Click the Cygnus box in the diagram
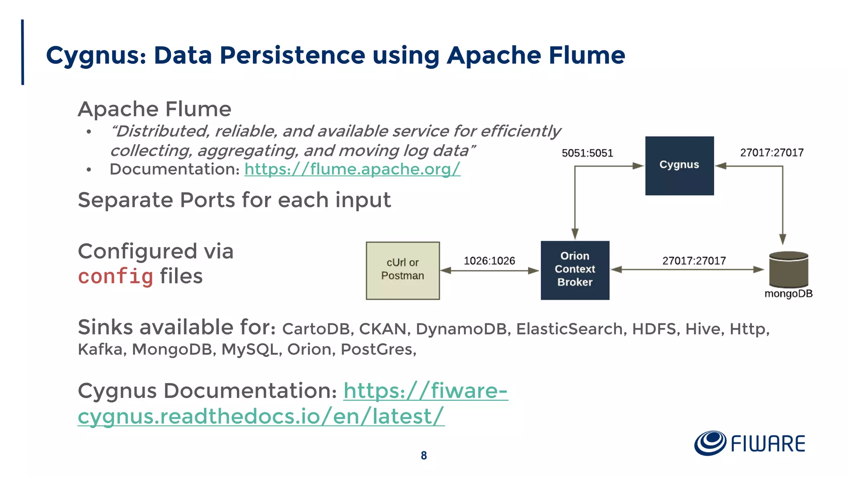point(679,166)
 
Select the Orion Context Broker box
point(575,270)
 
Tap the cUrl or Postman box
point(402,270)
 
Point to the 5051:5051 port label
point(587,153)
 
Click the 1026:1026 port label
point(489,261)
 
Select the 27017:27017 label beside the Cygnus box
point(772,153)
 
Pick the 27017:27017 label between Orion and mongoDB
point(694,261)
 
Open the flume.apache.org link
point(352,169)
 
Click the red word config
point(116,277)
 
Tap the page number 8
point(424,455)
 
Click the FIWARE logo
point(749,443)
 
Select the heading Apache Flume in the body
point(154,109)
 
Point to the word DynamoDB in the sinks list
point(461,329)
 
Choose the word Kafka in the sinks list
point(100,349)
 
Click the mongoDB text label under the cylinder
point(788,294)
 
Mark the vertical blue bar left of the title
point(22,52)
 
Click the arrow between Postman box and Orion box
point(490,271)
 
